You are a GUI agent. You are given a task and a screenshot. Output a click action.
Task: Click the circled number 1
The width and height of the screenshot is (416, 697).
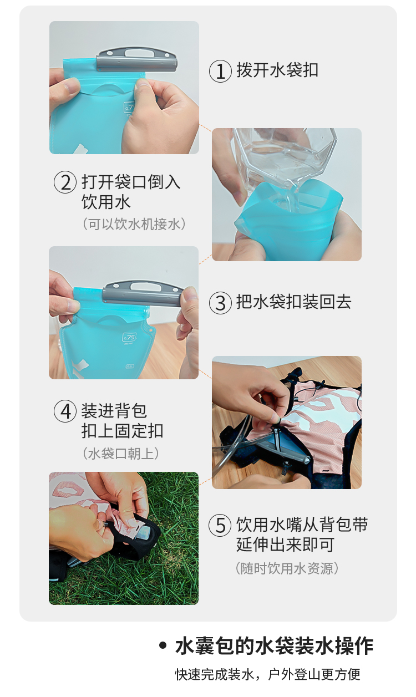[220, 71]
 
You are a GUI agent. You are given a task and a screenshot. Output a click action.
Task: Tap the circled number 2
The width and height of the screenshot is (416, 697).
[65, 182]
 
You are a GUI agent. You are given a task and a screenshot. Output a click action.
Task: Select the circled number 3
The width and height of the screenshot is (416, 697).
[220, 302]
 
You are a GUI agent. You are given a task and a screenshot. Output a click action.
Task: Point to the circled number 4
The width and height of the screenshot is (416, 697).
[65, 411]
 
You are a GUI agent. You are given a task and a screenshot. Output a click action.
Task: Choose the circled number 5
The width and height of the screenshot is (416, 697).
[220, 526]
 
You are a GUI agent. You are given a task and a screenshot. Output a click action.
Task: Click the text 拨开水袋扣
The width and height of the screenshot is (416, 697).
[277, 70]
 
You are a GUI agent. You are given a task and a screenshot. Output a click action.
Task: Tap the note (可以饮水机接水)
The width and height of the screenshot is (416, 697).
[134, 223]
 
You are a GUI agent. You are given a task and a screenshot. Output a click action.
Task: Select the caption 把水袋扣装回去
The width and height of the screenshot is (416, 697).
[294, 302]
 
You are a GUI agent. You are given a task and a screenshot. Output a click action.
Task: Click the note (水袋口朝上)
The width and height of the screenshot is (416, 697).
[121, 454]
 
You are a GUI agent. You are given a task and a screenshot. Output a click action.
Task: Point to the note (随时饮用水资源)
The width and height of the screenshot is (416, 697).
[287, 568]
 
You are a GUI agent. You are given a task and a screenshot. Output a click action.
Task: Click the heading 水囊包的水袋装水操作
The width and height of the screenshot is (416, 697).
[274, 647]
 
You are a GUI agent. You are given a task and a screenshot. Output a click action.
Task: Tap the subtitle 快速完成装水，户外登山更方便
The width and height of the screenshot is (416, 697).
[267, 675]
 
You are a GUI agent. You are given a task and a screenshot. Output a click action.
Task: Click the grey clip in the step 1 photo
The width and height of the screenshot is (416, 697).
[136, 59]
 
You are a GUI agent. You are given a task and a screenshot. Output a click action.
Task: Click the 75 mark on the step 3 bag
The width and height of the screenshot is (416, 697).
[130, 337]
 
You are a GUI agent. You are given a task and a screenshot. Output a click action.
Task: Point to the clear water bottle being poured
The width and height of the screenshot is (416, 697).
[285, 159]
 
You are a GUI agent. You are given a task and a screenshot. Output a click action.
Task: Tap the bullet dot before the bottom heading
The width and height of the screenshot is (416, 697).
[163, 646]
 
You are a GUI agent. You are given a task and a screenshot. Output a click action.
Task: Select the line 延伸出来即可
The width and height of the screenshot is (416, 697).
[285, 545]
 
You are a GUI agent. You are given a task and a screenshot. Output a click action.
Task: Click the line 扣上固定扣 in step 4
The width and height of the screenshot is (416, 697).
[123, 431]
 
